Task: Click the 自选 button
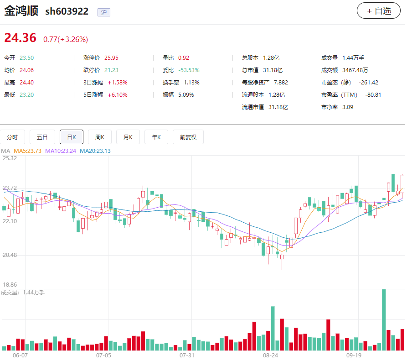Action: (x=378, y=11)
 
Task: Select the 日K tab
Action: (x=72, y=137)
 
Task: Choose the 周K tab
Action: (x=100, y=137)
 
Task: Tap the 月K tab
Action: (x=128, y=137)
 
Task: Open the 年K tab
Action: (x=156, y=137)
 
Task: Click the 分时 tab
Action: (x=12, y=137)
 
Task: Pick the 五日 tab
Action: (x=42, y=137)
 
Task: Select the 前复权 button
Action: (x=188, y=137)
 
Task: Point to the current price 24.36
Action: (x=20, y=38)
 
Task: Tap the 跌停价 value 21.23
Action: (x=111, y=70)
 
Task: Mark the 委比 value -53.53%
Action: (x=189, y=70)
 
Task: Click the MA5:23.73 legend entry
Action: (x=27, y=151)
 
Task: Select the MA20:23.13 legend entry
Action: (x=95, y=151)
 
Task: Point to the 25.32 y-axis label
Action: (x=10, y=158)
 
